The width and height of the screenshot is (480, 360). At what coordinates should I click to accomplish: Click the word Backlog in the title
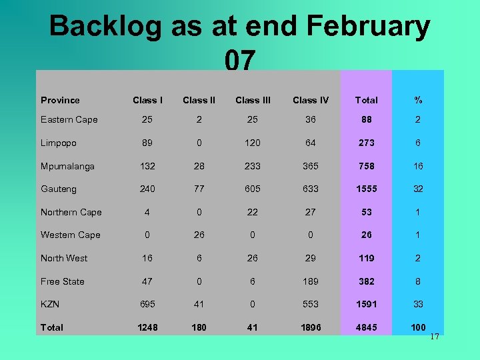pos(105,27)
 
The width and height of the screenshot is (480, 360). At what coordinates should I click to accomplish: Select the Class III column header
pos(253,100)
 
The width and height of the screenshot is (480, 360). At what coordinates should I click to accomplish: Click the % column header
pos(418,100)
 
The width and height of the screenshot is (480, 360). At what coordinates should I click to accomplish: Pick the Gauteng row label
pos(59,189)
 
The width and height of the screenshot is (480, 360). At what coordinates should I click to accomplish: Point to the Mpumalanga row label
pos(67,166)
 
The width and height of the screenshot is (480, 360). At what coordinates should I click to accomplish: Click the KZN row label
pos(50,304)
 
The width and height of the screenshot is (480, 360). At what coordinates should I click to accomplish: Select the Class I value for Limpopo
pos(147,143)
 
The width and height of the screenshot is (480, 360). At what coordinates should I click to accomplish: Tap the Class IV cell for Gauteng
pos(311,189)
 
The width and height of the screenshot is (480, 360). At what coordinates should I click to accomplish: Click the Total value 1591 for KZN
pos(366,304)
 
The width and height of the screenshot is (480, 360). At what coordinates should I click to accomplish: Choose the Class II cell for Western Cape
pos(199,235)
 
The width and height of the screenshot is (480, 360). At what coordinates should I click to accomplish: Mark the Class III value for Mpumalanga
pos(253,166)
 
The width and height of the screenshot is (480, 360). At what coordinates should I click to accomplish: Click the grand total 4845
pos(366,327)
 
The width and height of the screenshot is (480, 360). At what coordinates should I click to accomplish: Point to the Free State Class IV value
pos(311,281)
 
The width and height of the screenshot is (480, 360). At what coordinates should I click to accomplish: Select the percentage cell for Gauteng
pos(418,189)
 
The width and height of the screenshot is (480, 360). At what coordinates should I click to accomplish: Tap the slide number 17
pos(434,337)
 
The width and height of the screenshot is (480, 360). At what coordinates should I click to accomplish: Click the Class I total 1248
pos(147,327)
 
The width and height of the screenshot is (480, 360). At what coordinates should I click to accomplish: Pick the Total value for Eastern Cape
pos(366,120)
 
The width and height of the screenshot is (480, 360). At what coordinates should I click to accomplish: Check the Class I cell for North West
pos(147,258)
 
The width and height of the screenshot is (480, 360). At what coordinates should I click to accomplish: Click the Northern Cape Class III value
pos(253,212)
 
